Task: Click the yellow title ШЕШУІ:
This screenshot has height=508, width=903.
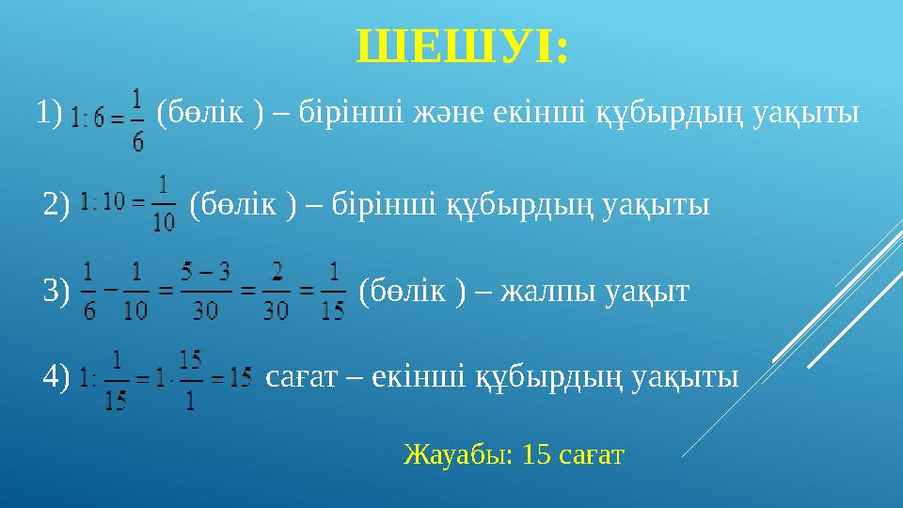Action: click(462, 46)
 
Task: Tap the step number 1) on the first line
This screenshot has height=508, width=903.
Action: click(49, 112)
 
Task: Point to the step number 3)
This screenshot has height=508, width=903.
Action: click(57, 291)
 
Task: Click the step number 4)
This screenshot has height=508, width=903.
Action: click(57, 377)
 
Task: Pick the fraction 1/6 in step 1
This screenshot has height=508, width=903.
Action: click(139, 119)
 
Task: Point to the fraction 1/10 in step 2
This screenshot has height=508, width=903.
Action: click(163, 203)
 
